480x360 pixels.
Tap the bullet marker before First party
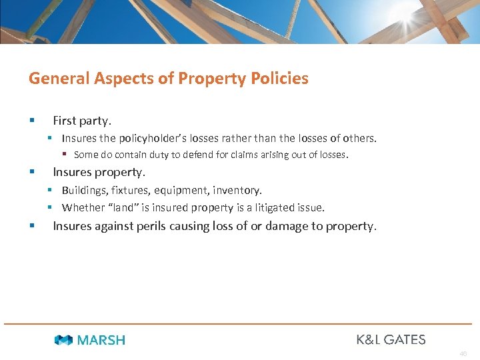31,121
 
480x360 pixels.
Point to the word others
359,139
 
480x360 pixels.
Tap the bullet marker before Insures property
31,172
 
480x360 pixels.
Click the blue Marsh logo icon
63,340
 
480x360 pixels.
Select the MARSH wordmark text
101,340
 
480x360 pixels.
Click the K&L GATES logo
391,339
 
